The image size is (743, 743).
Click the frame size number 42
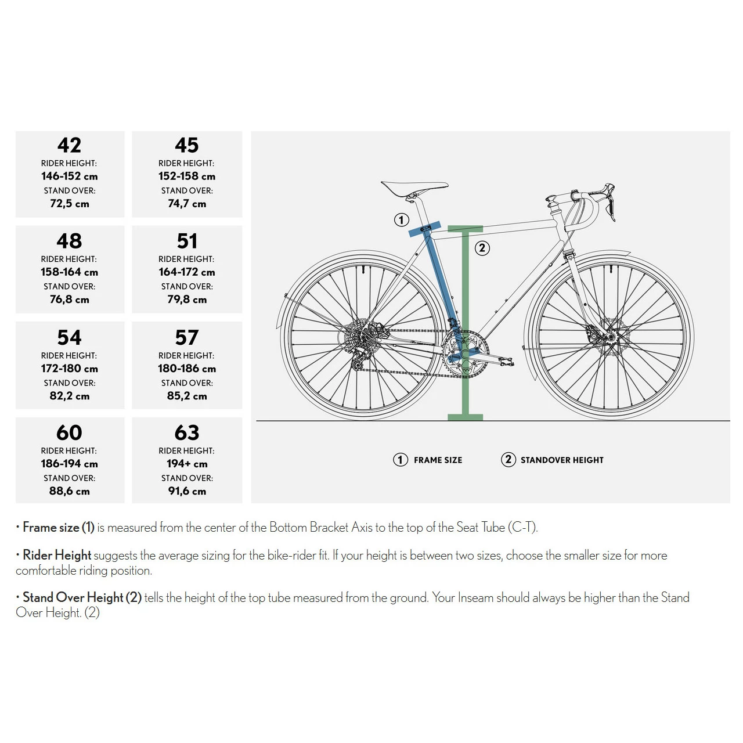tap(70, 145)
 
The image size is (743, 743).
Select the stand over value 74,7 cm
tap(187, 204)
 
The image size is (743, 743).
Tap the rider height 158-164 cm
tap(69, 272)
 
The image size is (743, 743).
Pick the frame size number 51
tap(187, 241)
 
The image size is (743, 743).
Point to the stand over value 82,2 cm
tap(70, 396)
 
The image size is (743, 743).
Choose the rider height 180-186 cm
tap(187, 369)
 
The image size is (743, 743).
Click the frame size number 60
tap(70, 433)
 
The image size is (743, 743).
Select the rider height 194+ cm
tap(187, 464)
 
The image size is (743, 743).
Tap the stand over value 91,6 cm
tap(187, 491)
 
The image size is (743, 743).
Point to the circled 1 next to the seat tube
tap(401, 220)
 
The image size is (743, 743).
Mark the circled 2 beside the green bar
tap(482, 248)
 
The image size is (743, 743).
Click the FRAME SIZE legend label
tap(438, 460)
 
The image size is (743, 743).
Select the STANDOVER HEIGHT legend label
tap(562, 460)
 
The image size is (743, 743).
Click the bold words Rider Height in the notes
tap(57, 556)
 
